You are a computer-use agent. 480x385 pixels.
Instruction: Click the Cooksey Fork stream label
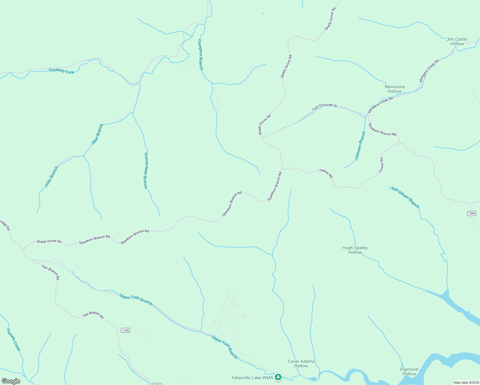coord(61,71)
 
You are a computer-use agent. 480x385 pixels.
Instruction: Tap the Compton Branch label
coord(200,55)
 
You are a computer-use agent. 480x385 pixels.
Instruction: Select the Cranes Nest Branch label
coord(146,170)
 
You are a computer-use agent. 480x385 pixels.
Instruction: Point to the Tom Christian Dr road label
coord(325,107)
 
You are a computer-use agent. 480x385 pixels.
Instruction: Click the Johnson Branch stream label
coord(360,146)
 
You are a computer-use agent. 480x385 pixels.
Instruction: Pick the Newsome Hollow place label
coord(395,89)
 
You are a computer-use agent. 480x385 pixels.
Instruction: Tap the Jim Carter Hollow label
coord(457,41)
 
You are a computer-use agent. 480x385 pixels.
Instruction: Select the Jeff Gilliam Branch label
coord(405,197)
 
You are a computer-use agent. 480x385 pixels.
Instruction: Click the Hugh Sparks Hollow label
coord(355,250)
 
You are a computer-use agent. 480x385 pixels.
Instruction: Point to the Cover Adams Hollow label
coord(301,364)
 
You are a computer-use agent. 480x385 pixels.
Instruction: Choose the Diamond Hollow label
coord(409,372)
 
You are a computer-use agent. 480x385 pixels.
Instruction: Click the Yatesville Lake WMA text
coord(252,378)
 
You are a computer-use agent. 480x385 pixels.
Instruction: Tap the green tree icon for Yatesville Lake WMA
coord(278,377)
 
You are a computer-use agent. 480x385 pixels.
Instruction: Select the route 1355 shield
coord(125,330)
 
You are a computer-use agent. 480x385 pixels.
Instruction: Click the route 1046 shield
coord(471,213)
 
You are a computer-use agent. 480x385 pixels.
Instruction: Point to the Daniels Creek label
coord(13,339)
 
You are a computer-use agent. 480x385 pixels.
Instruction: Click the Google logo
coord(11,381)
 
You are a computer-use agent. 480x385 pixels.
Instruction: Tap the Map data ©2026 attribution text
coord(466,382)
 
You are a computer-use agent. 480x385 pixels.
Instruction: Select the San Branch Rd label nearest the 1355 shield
coord(93,315)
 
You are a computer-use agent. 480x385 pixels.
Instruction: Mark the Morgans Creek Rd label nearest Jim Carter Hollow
coord(429,71)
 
